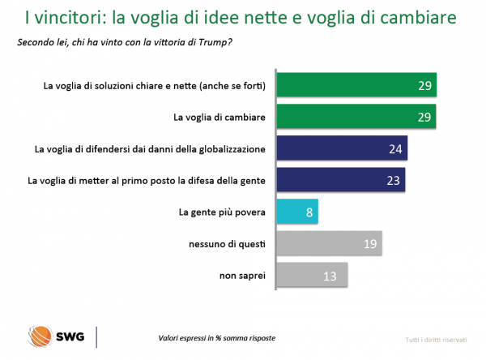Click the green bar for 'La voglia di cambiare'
point(356,117)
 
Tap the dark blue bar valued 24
point(341,148)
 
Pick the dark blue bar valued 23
point(340,180)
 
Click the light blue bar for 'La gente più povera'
point(296,212)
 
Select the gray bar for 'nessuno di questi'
point(328,243)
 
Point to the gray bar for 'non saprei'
point(312,275)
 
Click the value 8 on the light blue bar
point(307,212)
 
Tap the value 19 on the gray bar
point(369,244)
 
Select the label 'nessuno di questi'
point(227,243)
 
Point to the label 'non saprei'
point(242,275)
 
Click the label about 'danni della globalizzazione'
point(150,148)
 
